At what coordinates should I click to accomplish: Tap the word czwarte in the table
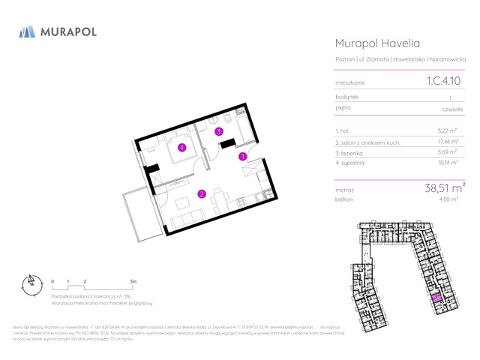pyautogui.click(x=452, y=109)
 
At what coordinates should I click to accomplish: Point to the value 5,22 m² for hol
pyautogui.click(x=448, y=130)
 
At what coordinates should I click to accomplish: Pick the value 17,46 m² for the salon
pyautogui.click(x=446, y=142)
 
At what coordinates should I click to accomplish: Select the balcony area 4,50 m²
pyautogui.click(x=448, y=199)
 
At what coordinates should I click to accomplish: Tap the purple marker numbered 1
pyautogui.click(x=242, y=157)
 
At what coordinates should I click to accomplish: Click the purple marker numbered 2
pyautogui.click(x=202, y=194)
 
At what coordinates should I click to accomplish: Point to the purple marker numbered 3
pyautogui.click(x=219, y=131)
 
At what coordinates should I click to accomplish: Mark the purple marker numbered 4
pyautogui.click(x=182, y=147)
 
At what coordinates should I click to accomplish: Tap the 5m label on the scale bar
pyautogui.click(x=133, y=281)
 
